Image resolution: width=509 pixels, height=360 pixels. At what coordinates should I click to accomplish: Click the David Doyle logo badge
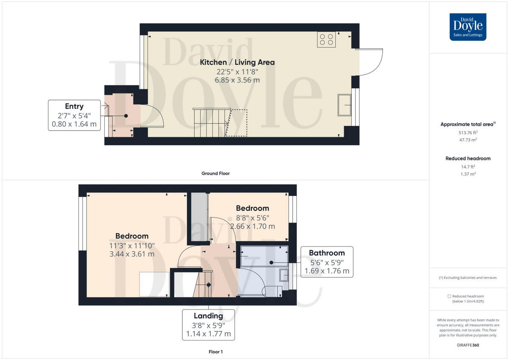click(x=468, y=27)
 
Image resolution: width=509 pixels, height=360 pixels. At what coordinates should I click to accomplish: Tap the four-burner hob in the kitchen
click(x=326, y=39)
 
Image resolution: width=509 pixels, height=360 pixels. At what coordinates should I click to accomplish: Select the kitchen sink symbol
click(x=344, y=105)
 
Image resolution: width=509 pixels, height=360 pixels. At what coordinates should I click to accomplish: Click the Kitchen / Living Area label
click(x=237, y=62)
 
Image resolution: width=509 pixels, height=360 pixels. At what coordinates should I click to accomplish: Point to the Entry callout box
click(x=74, y=115)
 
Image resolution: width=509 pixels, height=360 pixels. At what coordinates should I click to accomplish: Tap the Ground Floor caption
click(x=215, y=173)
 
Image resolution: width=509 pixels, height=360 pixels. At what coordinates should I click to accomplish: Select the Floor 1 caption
click(x=215, y=352)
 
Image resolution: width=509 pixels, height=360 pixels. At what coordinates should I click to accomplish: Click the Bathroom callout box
click(x=326, y=262)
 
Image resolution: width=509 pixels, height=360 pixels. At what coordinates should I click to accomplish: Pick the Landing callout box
click(x=208, y=324)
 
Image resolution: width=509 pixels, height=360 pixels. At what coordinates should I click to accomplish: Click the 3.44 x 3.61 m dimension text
click(x=131, y=254)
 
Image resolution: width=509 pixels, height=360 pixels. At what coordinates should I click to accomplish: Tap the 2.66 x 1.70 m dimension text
click(x=252, y=226)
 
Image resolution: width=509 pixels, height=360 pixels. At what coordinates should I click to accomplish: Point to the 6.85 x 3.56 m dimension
click(x=237, y=80)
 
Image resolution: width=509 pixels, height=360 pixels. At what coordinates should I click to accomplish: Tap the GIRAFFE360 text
click(x=468, y=345)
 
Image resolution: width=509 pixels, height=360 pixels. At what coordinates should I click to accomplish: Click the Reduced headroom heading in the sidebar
click(x=468, y=159)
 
